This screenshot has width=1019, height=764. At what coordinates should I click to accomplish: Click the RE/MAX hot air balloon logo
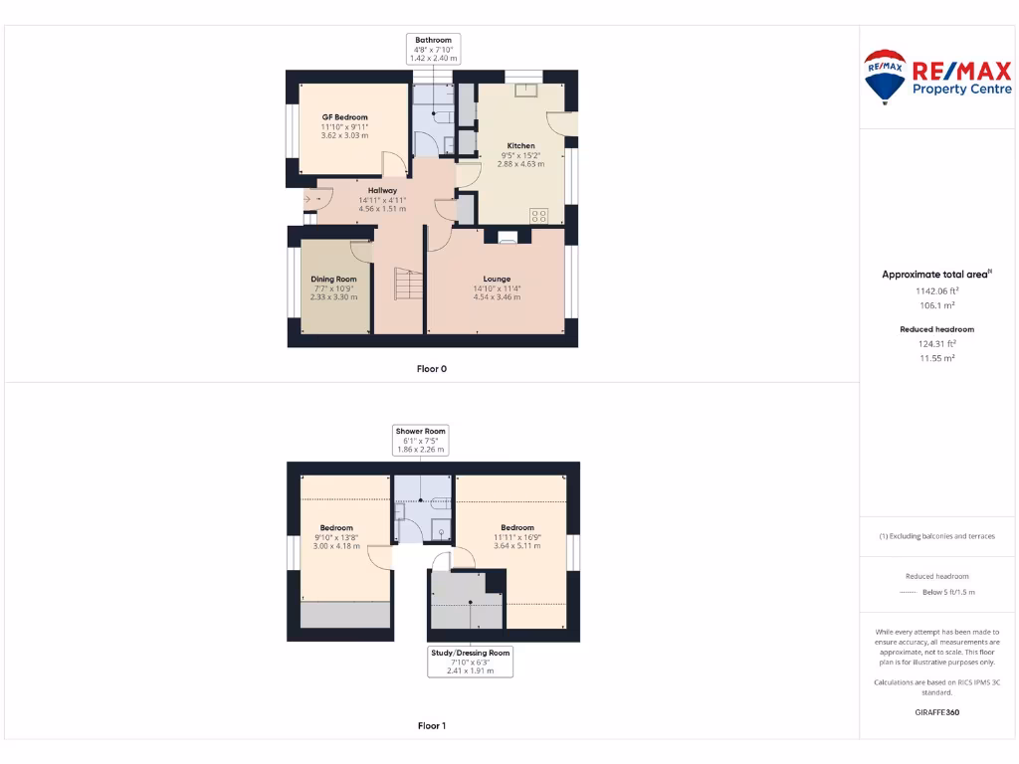[x=885, y=77]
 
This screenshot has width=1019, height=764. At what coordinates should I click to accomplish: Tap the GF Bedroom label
[x=344, y=117]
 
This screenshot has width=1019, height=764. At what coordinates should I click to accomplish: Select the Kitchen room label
[x=520, y=146]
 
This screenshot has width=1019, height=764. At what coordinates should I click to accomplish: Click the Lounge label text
[x=497, y=280]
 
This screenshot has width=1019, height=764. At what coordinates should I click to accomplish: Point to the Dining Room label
[x=333, y=280]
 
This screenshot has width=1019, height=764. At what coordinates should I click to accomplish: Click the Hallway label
[x=382, y=190]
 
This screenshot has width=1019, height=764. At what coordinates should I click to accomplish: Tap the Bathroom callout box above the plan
[x=433, y=49]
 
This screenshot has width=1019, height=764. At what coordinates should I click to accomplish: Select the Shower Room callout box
[x=421, y=440]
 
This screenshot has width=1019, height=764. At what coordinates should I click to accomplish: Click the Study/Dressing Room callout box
[x=471, y=662]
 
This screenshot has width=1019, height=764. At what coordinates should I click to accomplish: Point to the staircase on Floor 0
[x=407, y=285]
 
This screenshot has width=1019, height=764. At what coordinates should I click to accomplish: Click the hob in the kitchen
[x=539, y=214]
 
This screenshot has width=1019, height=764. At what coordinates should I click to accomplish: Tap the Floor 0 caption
[x=431, y=369]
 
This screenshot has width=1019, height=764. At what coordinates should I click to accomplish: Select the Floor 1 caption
[x=431, y=726]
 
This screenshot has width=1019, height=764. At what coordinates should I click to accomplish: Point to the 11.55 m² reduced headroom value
[x=935, y=357]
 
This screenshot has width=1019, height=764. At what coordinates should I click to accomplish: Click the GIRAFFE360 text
[x=936, y=712]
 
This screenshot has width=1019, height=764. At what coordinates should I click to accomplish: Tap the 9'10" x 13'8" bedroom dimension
[x=335, y=537]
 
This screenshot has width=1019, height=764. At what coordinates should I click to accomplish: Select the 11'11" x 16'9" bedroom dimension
[x=517, y=537]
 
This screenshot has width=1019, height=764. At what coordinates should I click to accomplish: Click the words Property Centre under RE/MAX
[x=955, y=90]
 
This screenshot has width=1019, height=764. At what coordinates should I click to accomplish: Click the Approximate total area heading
[x=934, y=275]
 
